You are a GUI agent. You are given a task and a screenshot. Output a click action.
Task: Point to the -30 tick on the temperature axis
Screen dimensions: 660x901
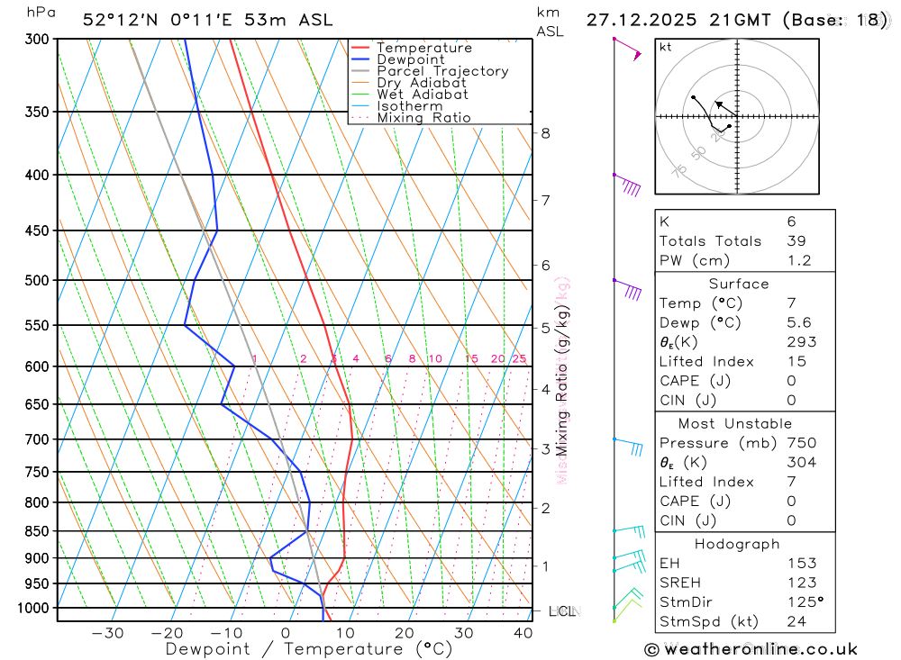107,633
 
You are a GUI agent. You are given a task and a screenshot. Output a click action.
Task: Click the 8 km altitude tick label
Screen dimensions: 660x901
545,133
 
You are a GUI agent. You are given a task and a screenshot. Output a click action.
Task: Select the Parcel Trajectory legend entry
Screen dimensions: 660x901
442,71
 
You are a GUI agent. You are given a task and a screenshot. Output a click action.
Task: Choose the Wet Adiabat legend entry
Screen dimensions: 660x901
423,95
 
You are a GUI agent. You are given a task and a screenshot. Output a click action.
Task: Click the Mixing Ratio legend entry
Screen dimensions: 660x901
423,118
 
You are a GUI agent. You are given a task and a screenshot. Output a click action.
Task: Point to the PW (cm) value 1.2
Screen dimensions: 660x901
799,261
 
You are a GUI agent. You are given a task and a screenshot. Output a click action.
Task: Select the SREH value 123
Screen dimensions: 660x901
801,583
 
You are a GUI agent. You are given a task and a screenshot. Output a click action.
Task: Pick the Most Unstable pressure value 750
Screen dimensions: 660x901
801,443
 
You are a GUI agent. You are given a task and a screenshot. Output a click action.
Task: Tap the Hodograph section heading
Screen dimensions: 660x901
737,544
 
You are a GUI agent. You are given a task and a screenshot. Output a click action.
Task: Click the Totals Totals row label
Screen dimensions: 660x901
710,241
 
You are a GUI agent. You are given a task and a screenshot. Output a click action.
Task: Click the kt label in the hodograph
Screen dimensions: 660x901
666,47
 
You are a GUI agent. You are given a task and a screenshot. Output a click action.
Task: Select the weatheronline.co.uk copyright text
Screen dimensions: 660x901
751,649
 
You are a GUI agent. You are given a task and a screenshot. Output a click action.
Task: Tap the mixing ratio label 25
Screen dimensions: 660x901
519,359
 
